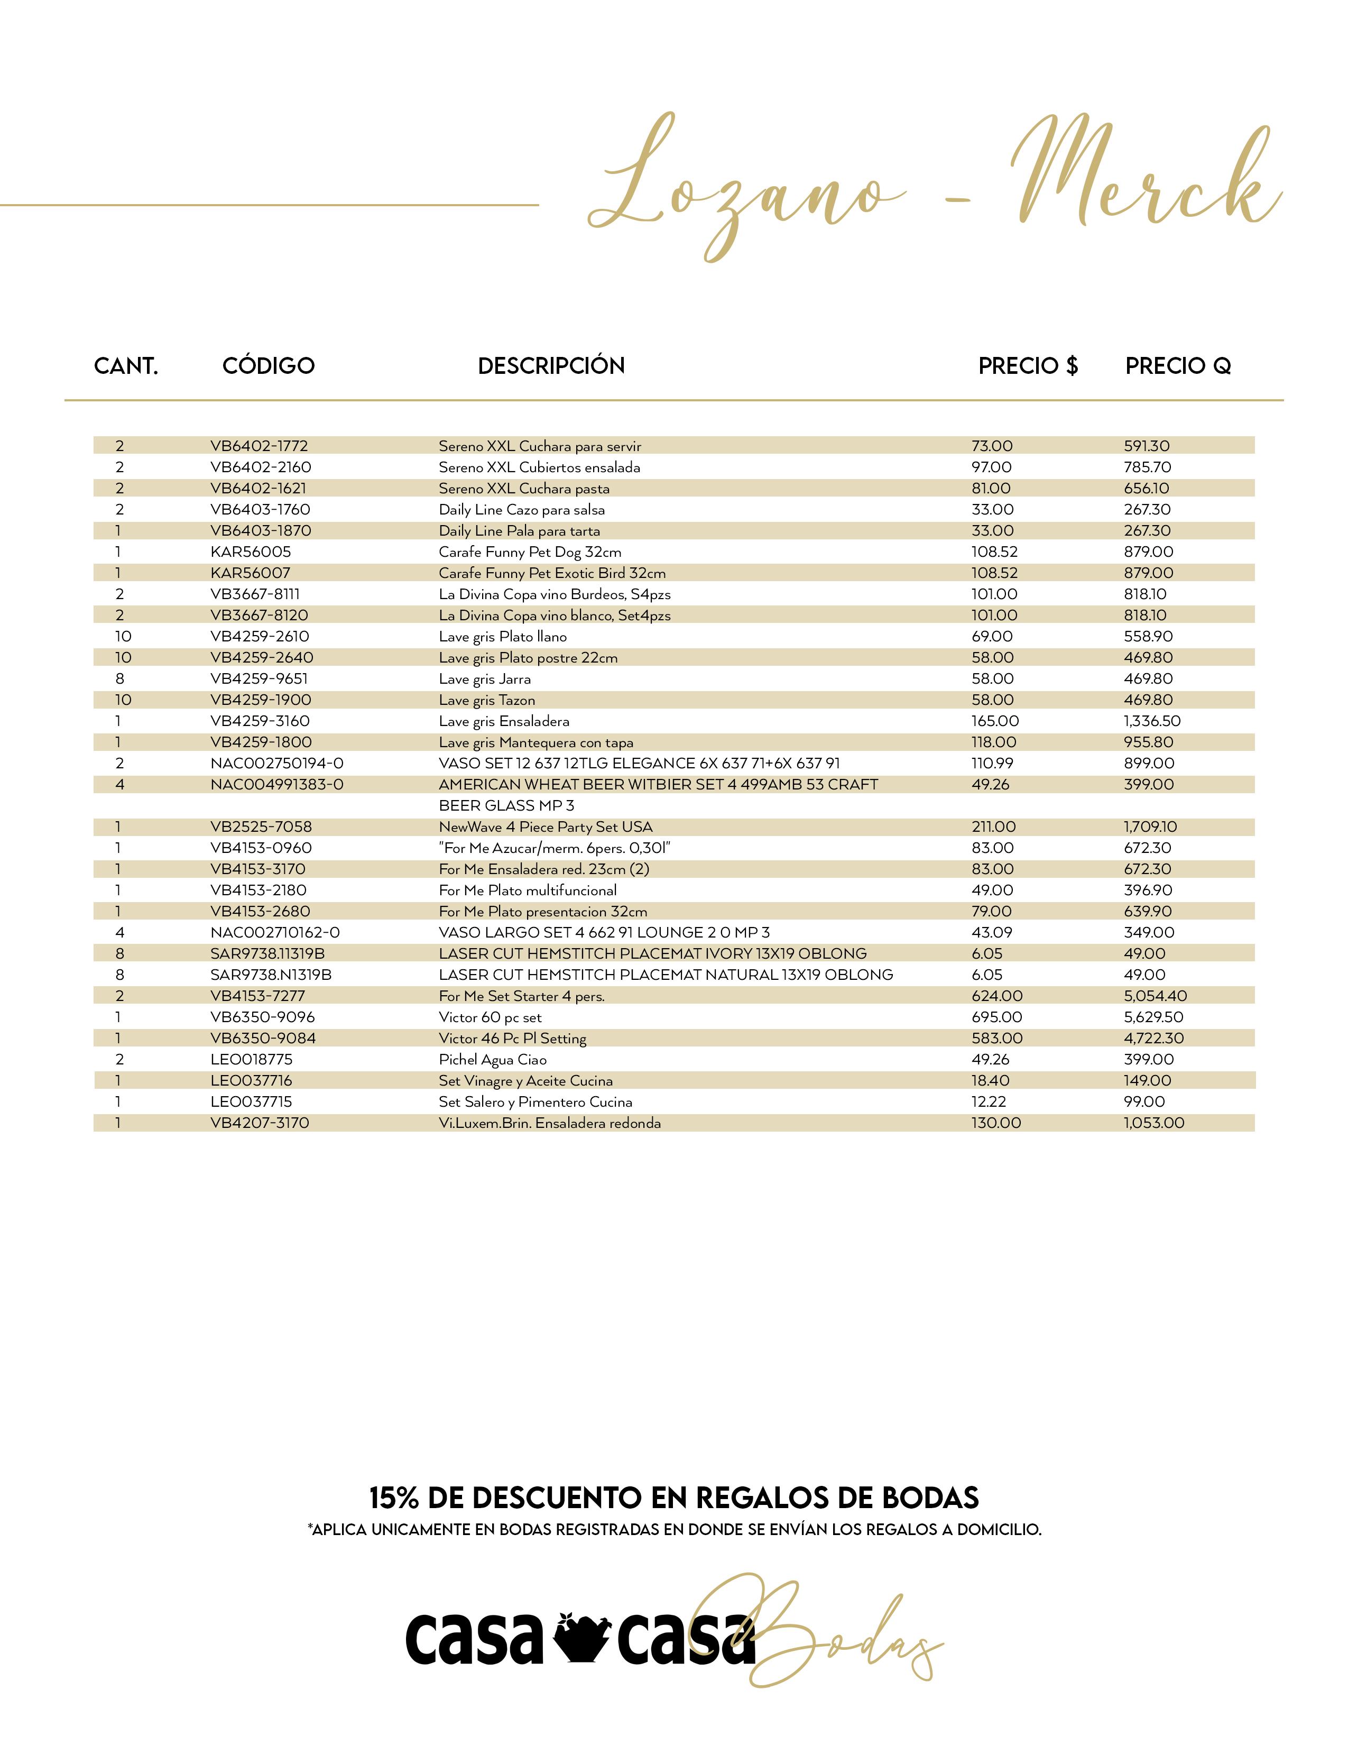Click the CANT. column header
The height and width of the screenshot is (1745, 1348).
(126, 366)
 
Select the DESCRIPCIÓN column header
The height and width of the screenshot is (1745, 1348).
(551, 366)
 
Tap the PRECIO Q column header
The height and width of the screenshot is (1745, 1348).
(1178, 366)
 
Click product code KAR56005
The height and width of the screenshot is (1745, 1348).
(251, 552)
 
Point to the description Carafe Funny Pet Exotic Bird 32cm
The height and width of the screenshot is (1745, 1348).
(552, 573)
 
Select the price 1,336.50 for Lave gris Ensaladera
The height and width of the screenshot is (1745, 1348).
(1151, 721)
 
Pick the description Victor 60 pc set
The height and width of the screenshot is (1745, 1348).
(491, 1017)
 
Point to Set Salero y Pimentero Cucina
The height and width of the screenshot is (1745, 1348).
(535, 1102)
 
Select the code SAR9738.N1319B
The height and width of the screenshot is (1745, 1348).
(271, 975)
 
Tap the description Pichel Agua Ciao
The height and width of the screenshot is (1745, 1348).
(493, 1060)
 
